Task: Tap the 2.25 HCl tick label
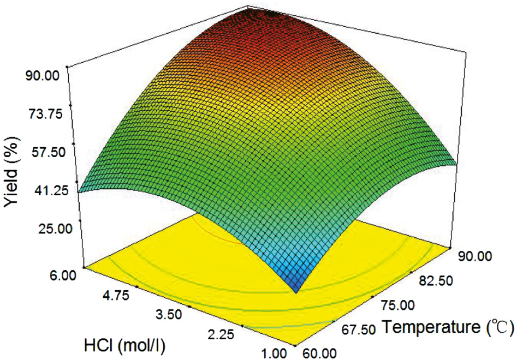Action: tap(219, 334)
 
